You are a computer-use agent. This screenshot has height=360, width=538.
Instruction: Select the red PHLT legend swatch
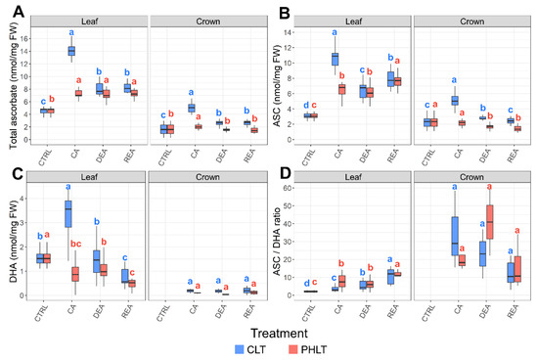(x=303, y=347)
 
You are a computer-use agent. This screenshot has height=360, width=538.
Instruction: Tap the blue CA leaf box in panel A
(x=70, y=50)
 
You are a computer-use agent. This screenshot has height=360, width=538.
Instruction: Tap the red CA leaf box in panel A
(x=78, y=93)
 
